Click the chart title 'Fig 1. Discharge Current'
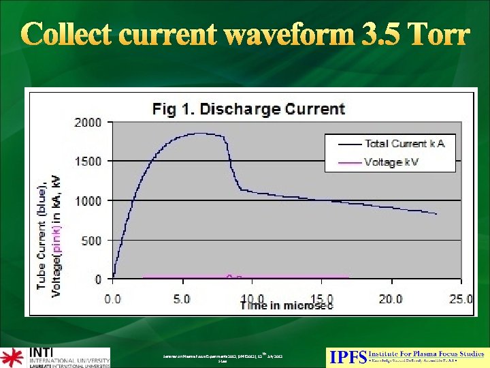[248, 109]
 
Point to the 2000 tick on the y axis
[89, 123]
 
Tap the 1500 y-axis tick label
[89, 162]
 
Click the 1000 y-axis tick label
[89, 201]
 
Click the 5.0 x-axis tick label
[182, 298]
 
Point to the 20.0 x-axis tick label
[390, 298]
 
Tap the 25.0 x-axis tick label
[459, 298]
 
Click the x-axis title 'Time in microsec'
[286, 306]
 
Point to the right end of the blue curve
[436, 214]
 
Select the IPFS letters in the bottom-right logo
[347, 356]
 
